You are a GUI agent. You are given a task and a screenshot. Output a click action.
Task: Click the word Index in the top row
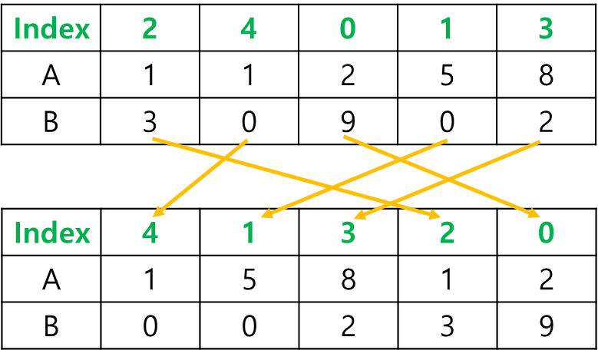pos(52,30)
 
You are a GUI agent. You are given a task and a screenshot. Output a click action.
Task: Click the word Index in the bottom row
pos(52,233)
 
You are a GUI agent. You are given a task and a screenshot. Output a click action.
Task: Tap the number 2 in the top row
pos(150,30)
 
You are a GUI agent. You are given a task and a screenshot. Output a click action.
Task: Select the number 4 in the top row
pos(249,30)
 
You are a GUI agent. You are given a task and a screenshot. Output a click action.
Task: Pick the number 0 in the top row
pos(348,30)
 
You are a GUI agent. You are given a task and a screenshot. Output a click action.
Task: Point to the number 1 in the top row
pos(447,30)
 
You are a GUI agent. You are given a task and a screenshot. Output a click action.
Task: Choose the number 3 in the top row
pos(546,30)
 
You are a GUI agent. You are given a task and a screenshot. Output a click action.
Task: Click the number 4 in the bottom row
pos(150,233)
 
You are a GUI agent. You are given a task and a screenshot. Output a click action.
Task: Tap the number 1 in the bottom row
pos(249,233)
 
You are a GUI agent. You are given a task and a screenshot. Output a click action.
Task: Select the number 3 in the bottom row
pos(348,233)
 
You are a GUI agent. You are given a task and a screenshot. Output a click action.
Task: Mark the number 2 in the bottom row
pos(447,233)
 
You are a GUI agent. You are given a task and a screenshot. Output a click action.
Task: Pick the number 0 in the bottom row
pos(546,233)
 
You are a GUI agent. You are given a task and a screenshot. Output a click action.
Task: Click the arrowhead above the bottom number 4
pos(157,213)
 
